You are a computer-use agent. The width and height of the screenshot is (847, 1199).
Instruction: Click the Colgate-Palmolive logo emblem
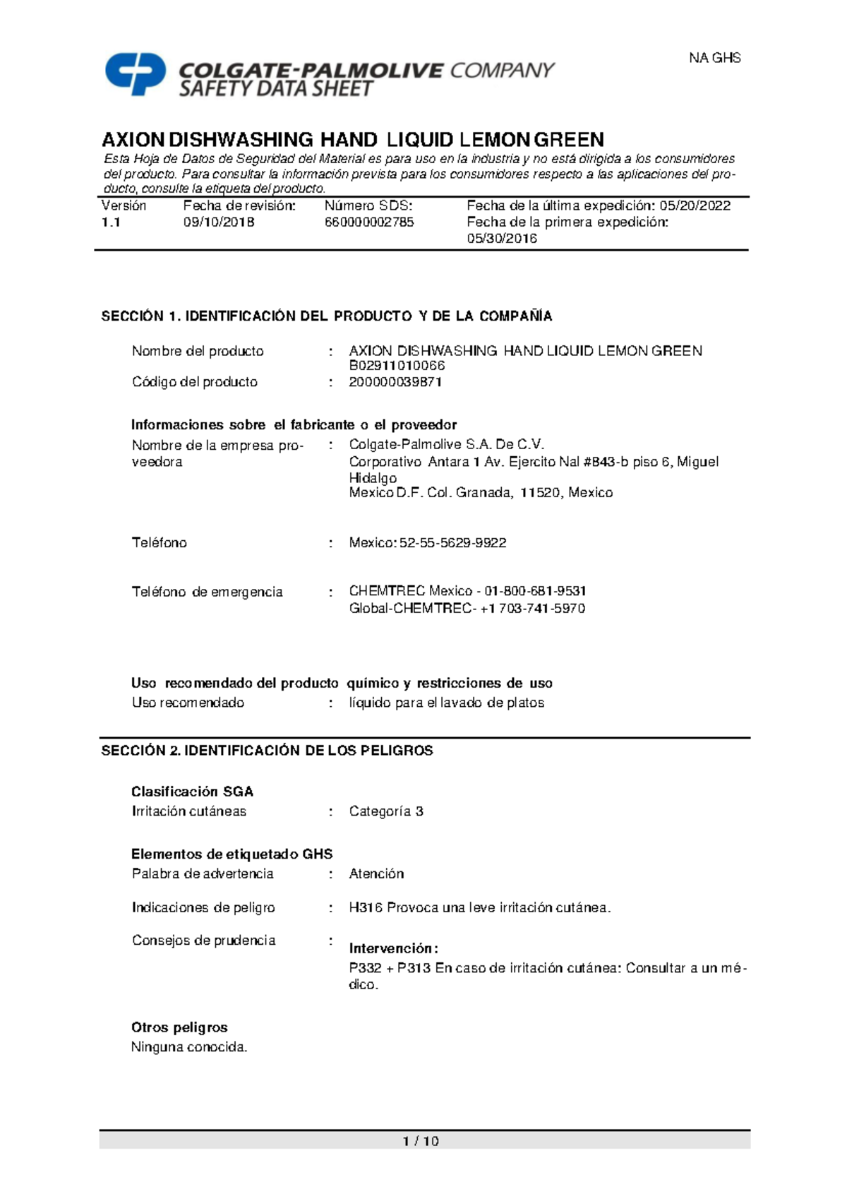click(136, 73)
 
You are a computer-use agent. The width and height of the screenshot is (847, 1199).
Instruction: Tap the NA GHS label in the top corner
click(714, 58)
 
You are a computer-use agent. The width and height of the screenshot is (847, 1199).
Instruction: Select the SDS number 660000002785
click(369, 222)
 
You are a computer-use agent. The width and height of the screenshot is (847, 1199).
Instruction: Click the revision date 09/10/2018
click(219, 222)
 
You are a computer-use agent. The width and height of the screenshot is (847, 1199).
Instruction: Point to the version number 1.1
click(111, 222)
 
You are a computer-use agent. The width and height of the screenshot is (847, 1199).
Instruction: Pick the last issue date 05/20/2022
click(695, 206)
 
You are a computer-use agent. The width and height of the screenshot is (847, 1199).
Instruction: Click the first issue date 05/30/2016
click(502, 239)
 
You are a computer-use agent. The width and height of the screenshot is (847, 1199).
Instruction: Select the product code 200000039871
click(395, 382)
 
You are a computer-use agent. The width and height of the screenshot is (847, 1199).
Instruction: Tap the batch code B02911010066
click(397, 366)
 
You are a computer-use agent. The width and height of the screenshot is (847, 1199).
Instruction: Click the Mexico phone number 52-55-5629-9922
click(453, 543)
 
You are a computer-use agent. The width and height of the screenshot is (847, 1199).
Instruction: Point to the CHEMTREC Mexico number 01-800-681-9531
click(535, 591)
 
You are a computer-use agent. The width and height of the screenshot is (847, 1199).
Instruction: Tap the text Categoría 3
click(386, 811)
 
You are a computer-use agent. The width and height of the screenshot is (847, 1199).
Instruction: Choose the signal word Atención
click(376, 874)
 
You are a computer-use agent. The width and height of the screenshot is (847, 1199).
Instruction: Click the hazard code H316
click(366, 908)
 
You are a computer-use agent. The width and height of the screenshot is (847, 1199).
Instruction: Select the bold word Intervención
click(393, 948)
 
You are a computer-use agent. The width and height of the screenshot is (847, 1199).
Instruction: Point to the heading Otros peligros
click(179, 1027)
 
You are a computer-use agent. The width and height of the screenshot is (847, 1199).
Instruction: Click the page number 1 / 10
click(421, 1141)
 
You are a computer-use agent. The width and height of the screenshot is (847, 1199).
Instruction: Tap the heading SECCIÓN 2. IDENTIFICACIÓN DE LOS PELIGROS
click(267, 751)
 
